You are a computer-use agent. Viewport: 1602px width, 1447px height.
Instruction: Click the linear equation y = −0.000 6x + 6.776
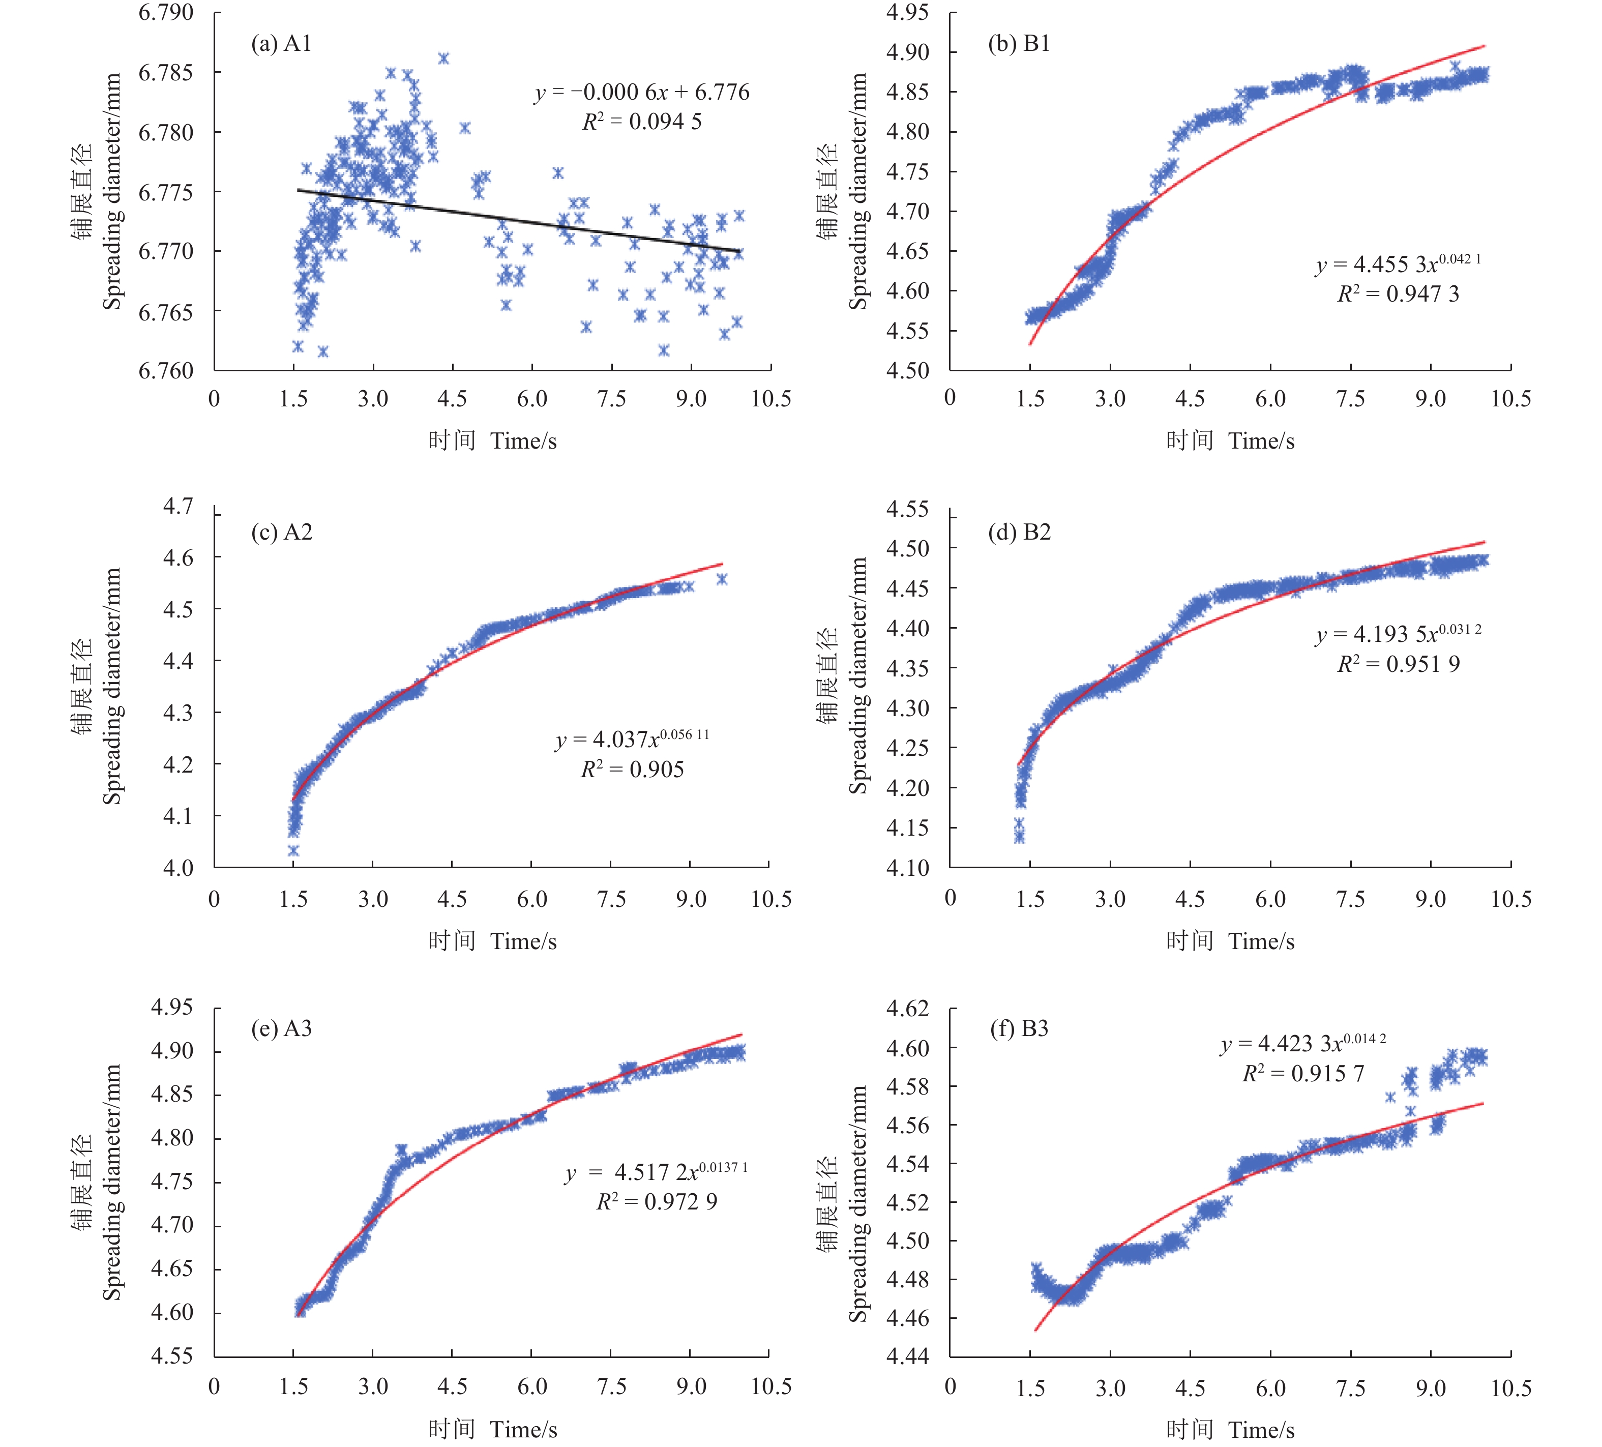tap(642, 92)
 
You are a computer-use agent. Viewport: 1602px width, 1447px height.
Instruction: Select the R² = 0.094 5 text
tap(642, 122)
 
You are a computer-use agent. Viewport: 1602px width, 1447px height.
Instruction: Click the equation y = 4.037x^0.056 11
tap(632, 739)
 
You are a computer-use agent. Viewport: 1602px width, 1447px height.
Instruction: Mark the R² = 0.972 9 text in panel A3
tap(657, 1201)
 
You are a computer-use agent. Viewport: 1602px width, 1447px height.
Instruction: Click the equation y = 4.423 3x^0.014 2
tap(1303, 1043)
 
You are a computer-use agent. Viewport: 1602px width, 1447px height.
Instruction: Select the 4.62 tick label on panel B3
tap(907, 1009)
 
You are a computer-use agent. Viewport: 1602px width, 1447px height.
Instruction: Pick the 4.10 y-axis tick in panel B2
tap(907, 867)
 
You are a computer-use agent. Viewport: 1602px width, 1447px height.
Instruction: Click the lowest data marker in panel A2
tap(293, 850)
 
